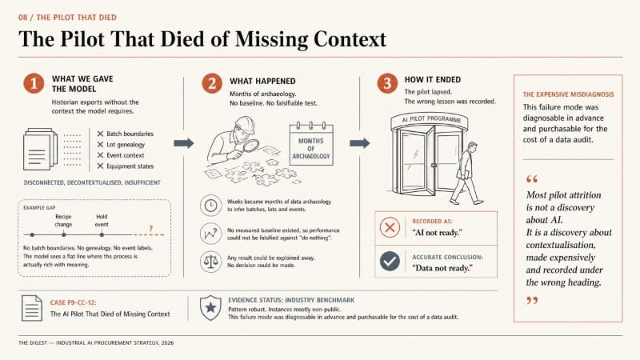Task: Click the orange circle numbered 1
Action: point(34,83)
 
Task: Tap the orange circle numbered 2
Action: point(212,83)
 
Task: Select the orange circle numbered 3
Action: point(387,83)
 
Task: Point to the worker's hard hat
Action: point(244,124)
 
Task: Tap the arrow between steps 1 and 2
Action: point(184,143)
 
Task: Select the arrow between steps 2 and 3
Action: point(359,143)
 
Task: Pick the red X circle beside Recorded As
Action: point(390,227)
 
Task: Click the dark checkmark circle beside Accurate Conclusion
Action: point(390,262)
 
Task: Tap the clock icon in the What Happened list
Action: point(210,205)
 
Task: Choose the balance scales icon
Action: point(210,262)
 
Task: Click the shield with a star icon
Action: point(210,307)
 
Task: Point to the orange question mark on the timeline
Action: point(150,229)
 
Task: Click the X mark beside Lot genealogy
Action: point(100,145)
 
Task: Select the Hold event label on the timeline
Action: point(102,221)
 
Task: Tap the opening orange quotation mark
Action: point(532,178)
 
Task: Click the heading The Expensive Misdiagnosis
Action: point(568,94)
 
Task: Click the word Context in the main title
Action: point(350,39)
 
